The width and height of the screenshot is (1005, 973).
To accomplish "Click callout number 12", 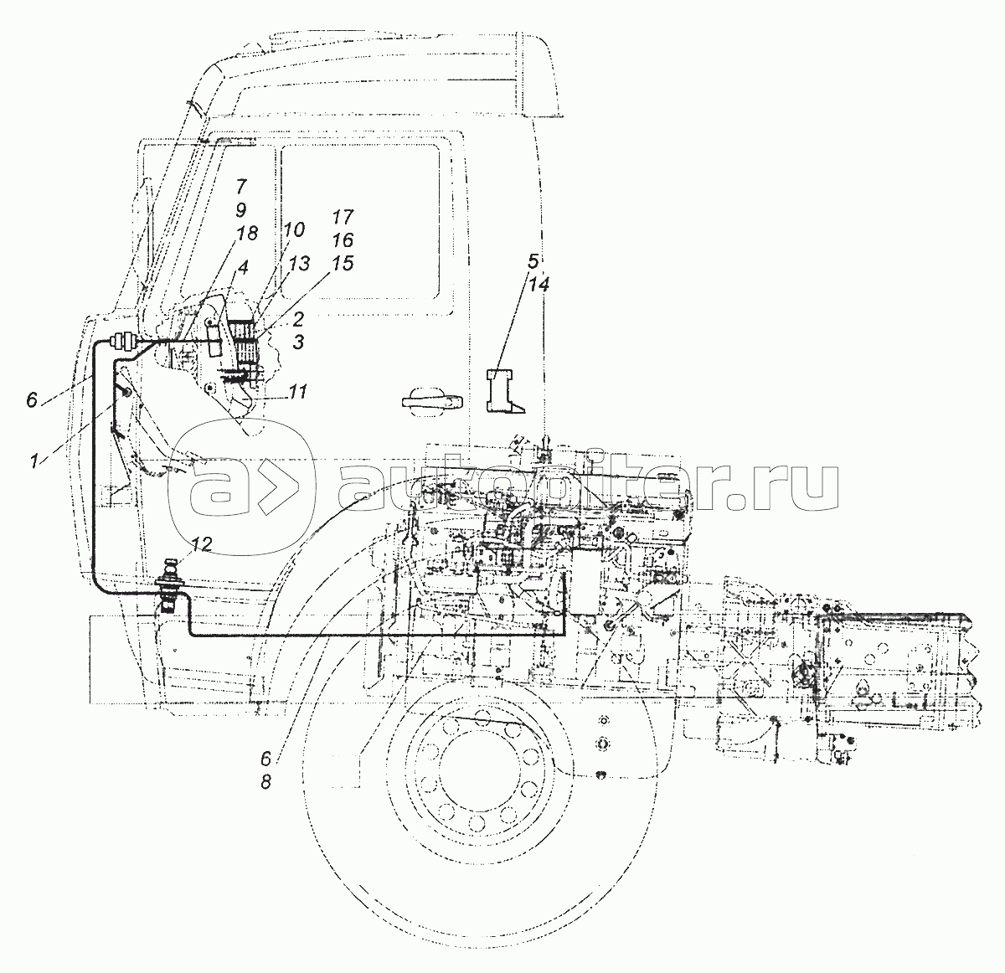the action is click(x=201, y=543).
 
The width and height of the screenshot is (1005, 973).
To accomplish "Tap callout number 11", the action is click(x=298, y=392).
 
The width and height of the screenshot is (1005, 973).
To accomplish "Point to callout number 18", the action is click(x=247, y=234).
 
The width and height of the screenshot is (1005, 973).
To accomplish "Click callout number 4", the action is click(x=242, y=267).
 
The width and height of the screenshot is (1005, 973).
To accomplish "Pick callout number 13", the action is click(x=299, y=264).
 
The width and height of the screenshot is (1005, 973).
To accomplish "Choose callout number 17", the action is click(x=343, y=217).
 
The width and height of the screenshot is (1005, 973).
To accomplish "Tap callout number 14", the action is click(x=539, y=284).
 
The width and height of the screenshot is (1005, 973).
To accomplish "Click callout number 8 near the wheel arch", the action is click(x=265, y=782).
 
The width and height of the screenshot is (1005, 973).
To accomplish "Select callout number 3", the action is click(x=298, y=342).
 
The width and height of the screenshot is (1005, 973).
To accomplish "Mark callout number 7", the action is click(x=242, y=186).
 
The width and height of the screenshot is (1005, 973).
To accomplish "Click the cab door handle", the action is click(x=431, y=401).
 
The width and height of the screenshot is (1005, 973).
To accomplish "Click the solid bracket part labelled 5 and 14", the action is click(x=500, y=390).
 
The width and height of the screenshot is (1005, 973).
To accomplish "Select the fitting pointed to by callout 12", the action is click(x=168, y=586).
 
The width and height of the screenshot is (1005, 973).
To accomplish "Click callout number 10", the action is click(x=294, y=229).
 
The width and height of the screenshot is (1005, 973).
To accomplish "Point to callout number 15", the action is click(x=343, y=264).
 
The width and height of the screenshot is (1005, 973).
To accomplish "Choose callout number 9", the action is click(x=240, y=209).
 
